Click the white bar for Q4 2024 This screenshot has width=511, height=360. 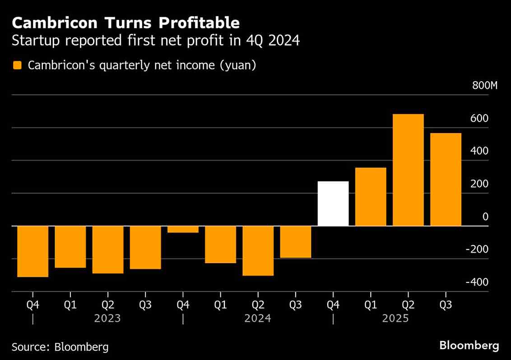click(333, 203)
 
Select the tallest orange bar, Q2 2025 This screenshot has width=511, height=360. click(408, 170)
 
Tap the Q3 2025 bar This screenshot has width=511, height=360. click(446, 180)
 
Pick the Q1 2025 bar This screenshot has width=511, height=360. click(371, 197)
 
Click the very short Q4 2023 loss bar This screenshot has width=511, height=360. click(183, 229)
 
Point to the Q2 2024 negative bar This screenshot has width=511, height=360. click(258, 250)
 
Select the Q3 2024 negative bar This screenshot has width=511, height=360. click(295, 242)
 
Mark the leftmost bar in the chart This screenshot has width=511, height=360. click(33, 251)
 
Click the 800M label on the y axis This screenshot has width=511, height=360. click(484, 86)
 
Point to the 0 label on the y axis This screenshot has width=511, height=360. click(486, 217)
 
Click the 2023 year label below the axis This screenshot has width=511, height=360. click(107, 318)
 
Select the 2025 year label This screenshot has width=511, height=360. click(395, 318)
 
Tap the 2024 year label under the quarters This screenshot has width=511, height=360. click(258, 318)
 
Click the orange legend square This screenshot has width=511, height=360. click(17, 65)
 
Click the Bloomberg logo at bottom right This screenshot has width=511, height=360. click(469, 346)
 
